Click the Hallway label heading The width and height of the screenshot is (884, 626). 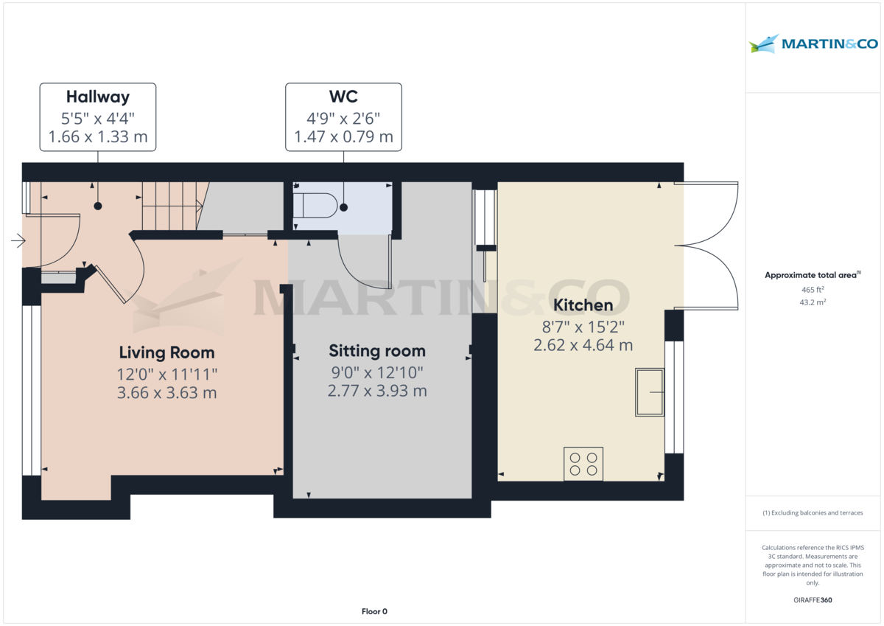tap(98, 97)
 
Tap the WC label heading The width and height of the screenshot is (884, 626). tap(343, 97)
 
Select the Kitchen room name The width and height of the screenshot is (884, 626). tap(583, 305)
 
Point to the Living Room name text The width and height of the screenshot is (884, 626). tap(166, 352)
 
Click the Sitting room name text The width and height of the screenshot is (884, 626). tap(377, 351)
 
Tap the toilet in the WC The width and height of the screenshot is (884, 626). tap(315, 205)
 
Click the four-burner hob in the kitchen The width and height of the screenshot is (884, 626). tap(583, 464)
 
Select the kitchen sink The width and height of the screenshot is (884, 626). tap(650, 392)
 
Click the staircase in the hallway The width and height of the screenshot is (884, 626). tap(171, 206)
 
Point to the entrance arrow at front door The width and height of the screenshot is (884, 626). tap(18, 240)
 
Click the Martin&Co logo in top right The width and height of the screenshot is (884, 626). tap(813, 44)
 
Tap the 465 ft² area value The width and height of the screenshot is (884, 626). tap(813, 290)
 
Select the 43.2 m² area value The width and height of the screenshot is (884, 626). tap(813, 302)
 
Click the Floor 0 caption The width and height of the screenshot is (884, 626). tap(374, 611)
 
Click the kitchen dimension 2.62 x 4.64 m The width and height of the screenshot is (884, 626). tap(583, 344)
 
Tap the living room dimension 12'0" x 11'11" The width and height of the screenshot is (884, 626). tap(166, 374)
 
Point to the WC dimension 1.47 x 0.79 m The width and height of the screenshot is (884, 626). tap(343, 136)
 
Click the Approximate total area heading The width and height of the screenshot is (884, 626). tap(812, 275)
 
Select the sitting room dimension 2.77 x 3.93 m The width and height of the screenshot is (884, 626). tap(377, 391)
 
